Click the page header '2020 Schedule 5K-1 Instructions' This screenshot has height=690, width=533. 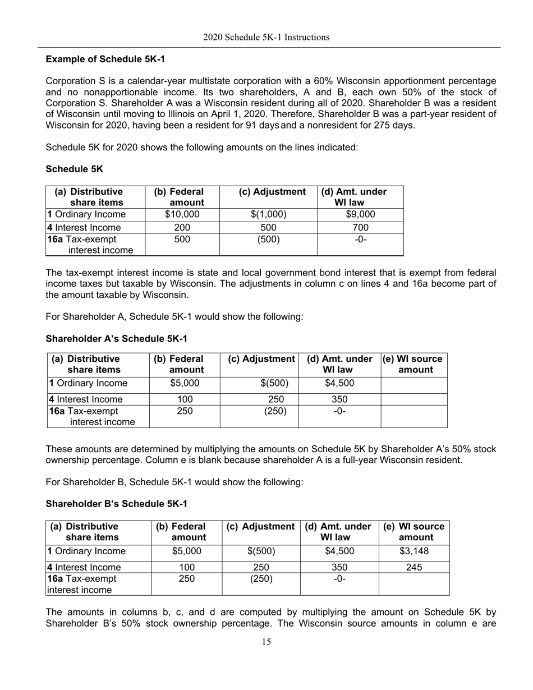click(x=266, y=38)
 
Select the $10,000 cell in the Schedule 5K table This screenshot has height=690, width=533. click(x=182, y=214)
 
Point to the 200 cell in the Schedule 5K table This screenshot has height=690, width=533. click(x=182, y=228)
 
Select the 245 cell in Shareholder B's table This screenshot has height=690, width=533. click(x=414, y=567)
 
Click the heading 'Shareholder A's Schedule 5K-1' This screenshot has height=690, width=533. click(x=116, y=339)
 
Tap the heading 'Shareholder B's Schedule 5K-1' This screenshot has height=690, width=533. click(x=116, y=504)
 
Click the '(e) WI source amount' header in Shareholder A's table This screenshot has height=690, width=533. click(x=414, y=364)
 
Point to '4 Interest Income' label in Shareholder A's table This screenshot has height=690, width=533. click(x=85, y=399)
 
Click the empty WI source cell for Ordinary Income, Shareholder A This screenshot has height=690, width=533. click(x=414, y=384)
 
